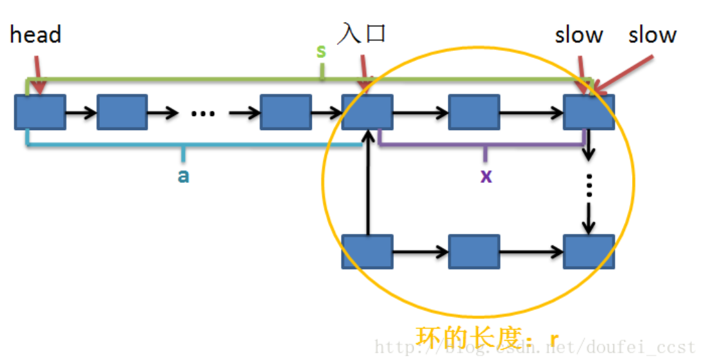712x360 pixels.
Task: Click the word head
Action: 35,34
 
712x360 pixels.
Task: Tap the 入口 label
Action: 361,32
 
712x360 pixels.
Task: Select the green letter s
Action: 321,52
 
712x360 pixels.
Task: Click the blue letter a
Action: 184,175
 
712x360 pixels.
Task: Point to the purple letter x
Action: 486,175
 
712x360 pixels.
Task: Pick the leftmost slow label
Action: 579,35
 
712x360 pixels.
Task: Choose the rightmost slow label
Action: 652,35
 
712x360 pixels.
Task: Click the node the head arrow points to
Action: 40,112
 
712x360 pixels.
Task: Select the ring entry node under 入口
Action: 367,112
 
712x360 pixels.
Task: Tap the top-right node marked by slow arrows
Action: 588,112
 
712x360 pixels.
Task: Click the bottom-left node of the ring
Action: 367,251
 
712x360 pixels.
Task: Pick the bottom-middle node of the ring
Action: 474,251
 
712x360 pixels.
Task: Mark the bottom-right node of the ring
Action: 588,251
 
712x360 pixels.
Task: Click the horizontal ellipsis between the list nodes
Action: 203,113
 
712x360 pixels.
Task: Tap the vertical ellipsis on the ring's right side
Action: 588,188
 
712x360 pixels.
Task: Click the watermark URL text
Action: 535,348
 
